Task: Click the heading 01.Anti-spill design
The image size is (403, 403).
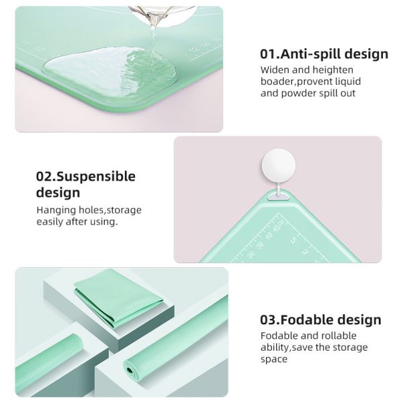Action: (x=324, y=54)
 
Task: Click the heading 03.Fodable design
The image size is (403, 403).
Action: (x=320, y=320)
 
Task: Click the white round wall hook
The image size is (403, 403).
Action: (x=278, y=165)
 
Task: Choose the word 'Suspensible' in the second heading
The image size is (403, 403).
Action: (x=96, y=177)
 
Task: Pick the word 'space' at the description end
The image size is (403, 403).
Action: (x=274, y=359)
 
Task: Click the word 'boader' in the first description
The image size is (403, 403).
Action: (x=276, y=81)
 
